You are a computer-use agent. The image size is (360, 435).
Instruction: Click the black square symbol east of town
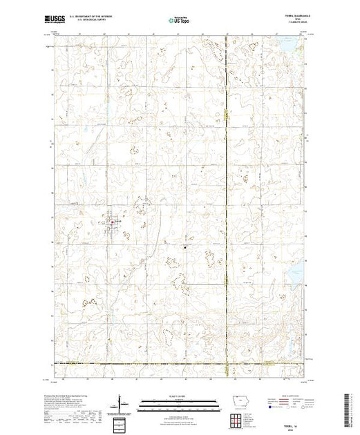point(184,247)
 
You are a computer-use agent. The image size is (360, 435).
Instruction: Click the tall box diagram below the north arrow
point(120,422)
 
